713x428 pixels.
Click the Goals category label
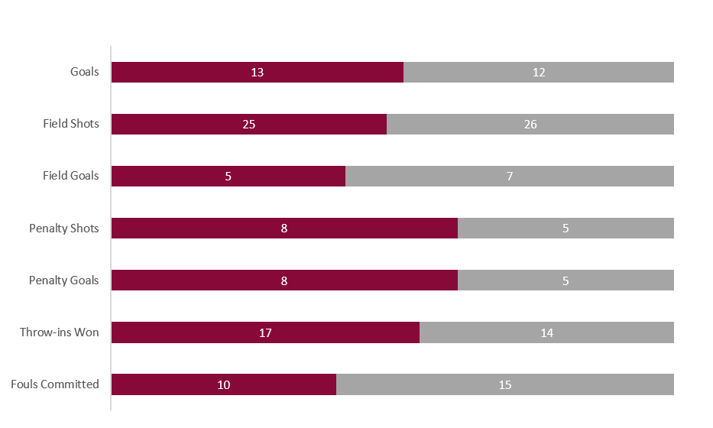coord(85,72)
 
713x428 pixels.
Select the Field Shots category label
coord(71,124)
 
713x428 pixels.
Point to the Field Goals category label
coord(71,176)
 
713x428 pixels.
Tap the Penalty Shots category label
coord(64,228)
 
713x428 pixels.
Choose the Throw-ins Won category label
coord(60,332)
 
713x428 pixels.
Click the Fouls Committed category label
coord(55,384)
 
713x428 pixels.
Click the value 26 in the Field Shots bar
coord(530,125)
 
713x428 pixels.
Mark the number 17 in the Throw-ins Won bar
coord(265,332)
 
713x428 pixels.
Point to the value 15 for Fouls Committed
coord(505,384)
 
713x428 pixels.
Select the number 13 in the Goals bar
coord(257,73)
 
